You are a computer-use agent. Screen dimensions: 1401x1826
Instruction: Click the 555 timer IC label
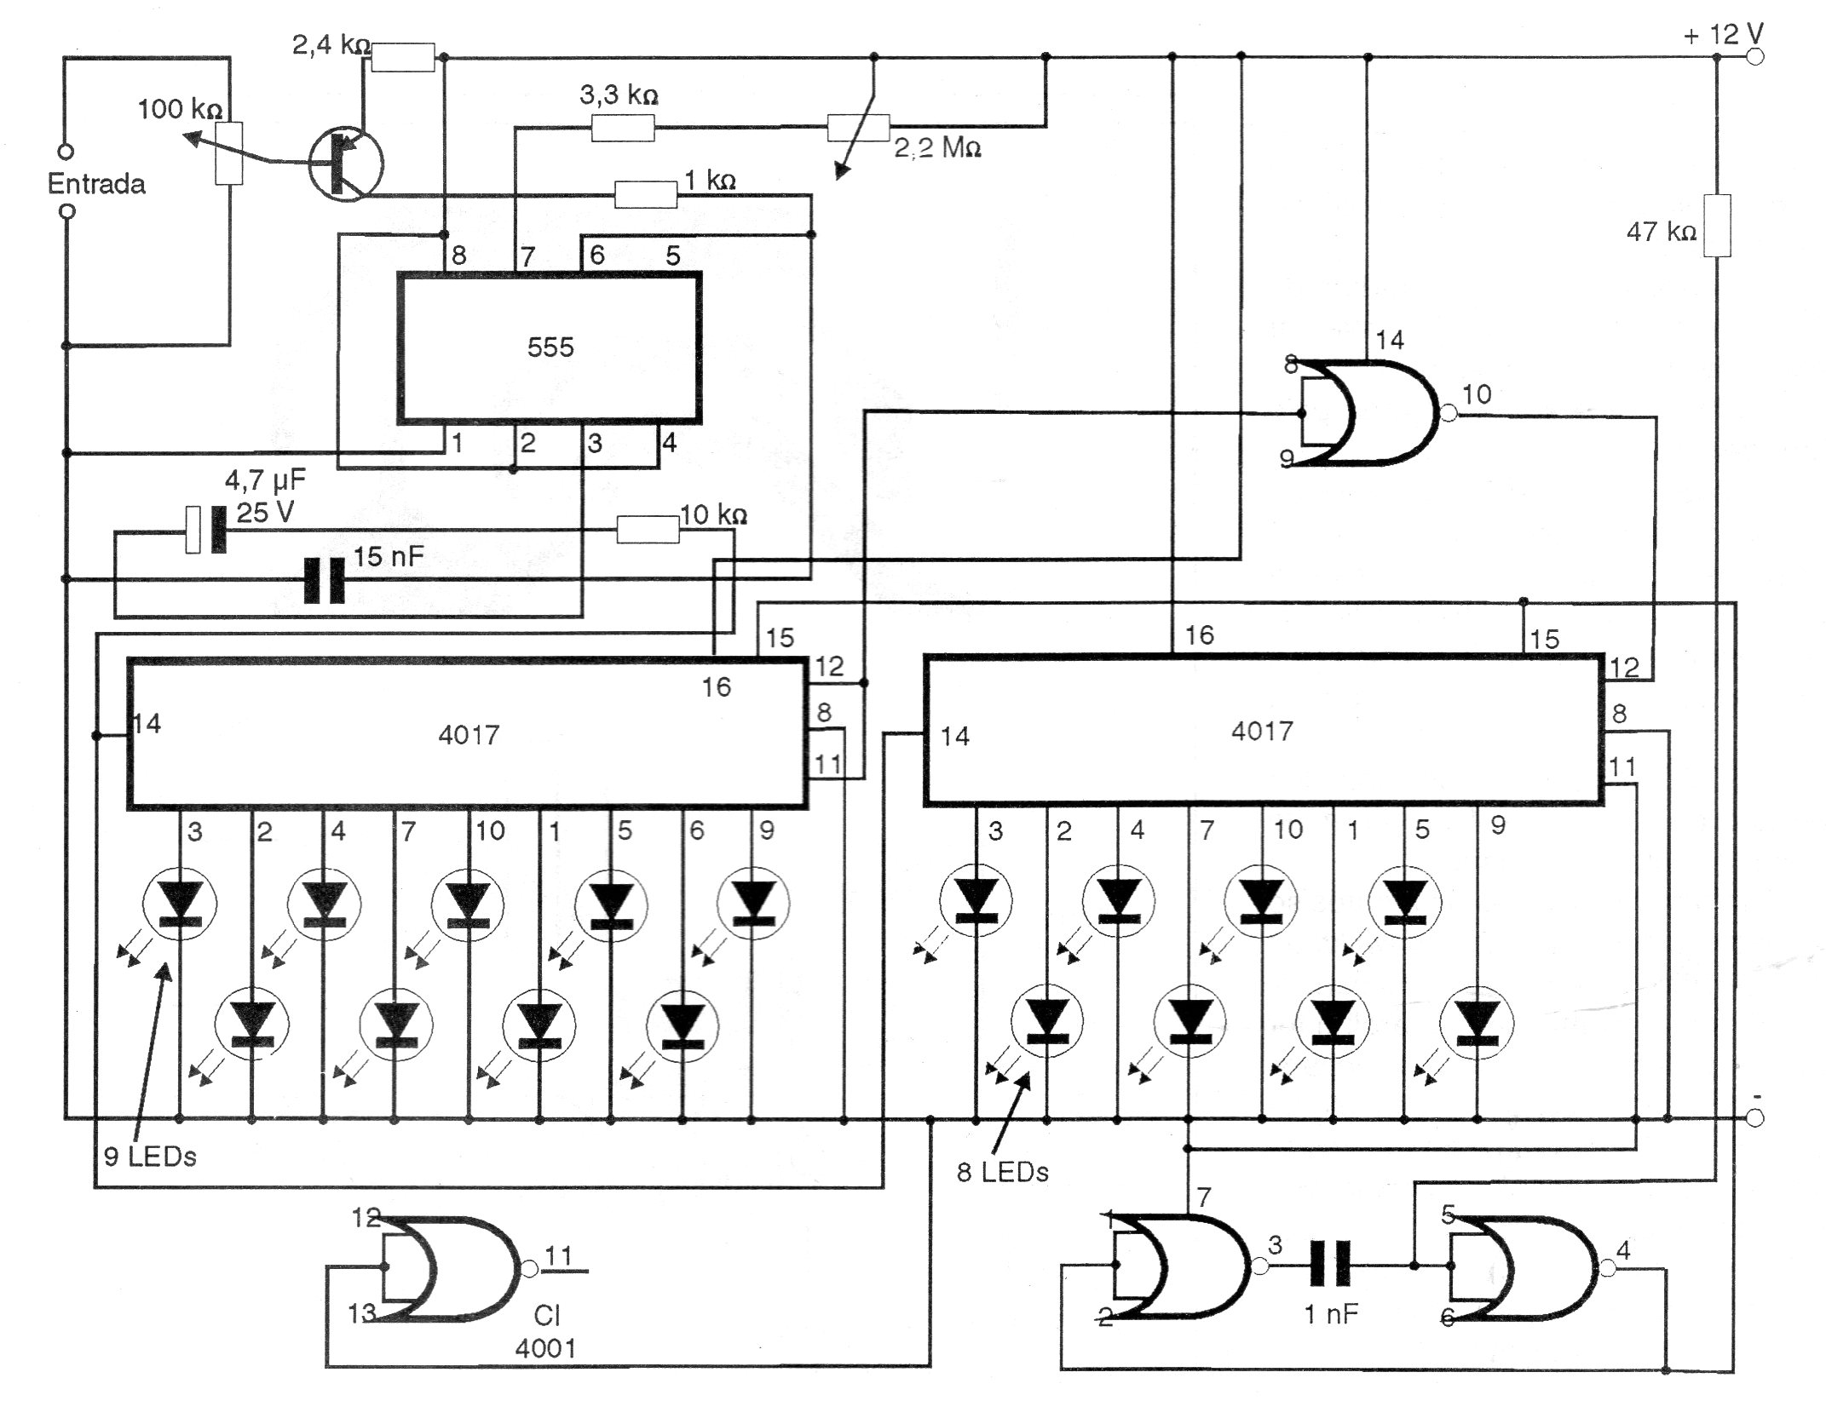point(550,347)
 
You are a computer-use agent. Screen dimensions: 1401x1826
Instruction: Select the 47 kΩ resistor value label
point(1661,232)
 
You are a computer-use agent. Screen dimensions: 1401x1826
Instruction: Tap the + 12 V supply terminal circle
point(1755,57)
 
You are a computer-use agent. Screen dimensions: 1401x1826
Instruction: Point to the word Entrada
point(96,184)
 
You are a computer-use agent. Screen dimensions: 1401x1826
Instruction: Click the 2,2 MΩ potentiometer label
point(937,149)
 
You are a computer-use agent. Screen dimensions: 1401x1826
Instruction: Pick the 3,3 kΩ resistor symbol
point(623,129)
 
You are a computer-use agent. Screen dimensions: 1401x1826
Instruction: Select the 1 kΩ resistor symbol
point(646,195)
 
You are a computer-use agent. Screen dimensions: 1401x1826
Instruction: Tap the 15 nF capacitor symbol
point(325,580)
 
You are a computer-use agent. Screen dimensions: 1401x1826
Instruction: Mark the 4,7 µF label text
point(265,481)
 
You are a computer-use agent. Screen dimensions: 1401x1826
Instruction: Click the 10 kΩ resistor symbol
point(648,530)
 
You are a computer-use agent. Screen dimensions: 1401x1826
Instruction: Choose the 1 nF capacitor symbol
point(1330,1266)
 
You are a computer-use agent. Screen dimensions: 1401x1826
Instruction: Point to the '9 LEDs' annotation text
point(150,1157)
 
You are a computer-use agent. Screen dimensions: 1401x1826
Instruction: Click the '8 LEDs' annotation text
point(1002,1173)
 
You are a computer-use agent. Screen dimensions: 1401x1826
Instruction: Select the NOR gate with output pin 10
point(1368,413)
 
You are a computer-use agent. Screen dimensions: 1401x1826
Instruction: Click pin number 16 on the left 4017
point(716,687)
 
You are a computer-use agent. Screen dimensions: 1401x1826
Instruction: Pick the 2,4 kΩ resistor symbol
point(403,58)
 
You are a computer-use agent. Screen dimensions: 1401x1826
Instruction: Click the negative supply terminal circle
point(1755,1118)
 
